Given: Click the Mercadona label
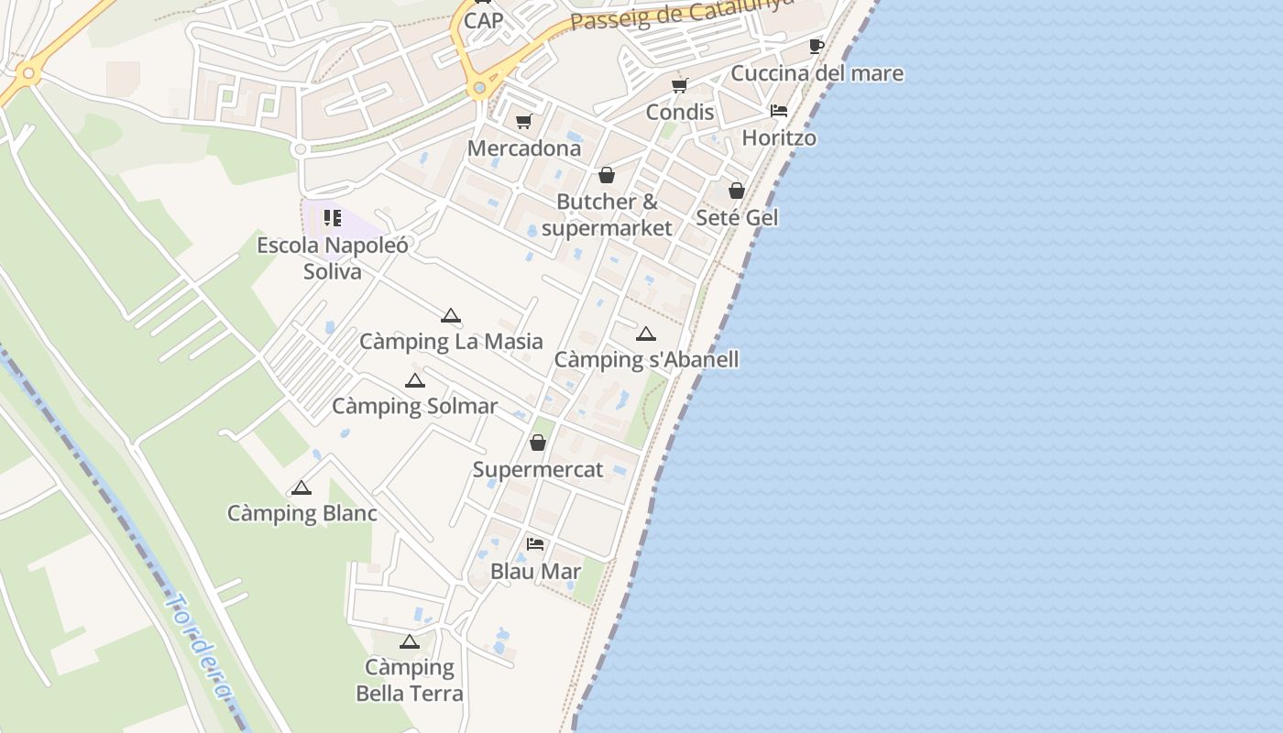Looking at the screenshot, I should click(x=523, y=148).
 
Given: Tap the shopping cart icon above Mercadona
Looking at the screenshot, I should click(x=524, y=121).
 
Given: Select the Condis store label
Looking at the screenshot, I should click(x=679, y=112).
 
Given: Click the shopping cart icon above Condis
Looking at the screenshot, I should click(x=679, y=85).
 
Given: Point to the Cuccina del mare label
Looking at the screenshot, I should click(x=817, y=73).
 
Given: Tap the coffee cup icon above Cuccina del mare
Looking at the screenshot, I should click(x=816, y=46).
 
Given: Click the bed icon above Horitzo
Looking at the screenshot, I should click(x=779, y=111).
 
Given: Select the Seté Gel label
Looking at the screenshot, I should click(x=737, y=217).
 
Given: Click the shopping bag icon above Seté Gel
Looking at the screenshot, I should click(x=737, y=191).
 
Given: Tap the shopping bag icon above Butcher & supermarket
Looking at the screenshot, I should click(x=607, y=175).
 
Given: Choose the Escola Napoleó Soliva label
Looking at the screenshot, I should click(x=332, y=258).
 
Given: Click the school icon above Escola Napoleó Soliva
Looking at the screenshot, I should click(x=332, y=218).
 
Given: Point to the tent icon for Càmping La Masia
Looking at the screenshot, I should click(x=450, y=316).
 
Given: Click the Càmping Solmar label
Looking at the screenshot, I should click(x=414, y=406).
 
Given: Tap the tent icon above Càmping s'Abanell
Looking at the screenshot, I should click(x=646, y=334).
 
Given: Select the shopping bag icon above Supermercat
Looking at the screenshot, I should click(x=538, y=443).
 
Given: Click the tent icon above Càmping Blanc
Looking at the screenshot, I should click(x=302, y=487).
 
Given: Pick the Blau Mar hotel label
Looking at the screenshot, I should click(x=535, y=571).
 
